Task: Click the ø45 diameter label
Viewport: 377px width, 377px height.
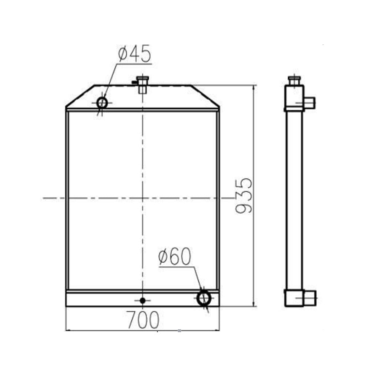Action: pos(134,54)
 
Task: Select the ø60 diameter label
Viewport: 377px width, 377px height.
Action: pos(175,256)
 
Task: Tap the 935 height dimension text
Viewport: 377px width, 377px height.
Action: pos(244,196)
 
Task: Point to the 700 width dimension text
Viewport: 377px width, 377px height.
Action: pos(143,320)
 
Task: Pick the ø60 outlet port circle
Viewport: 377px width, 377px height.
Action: pos(198,298)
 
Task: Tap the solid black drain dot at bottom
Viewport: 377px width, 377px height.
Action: pos(142,300)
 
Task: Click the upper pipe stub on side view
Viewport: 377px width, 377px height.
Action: pos(310,103)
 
